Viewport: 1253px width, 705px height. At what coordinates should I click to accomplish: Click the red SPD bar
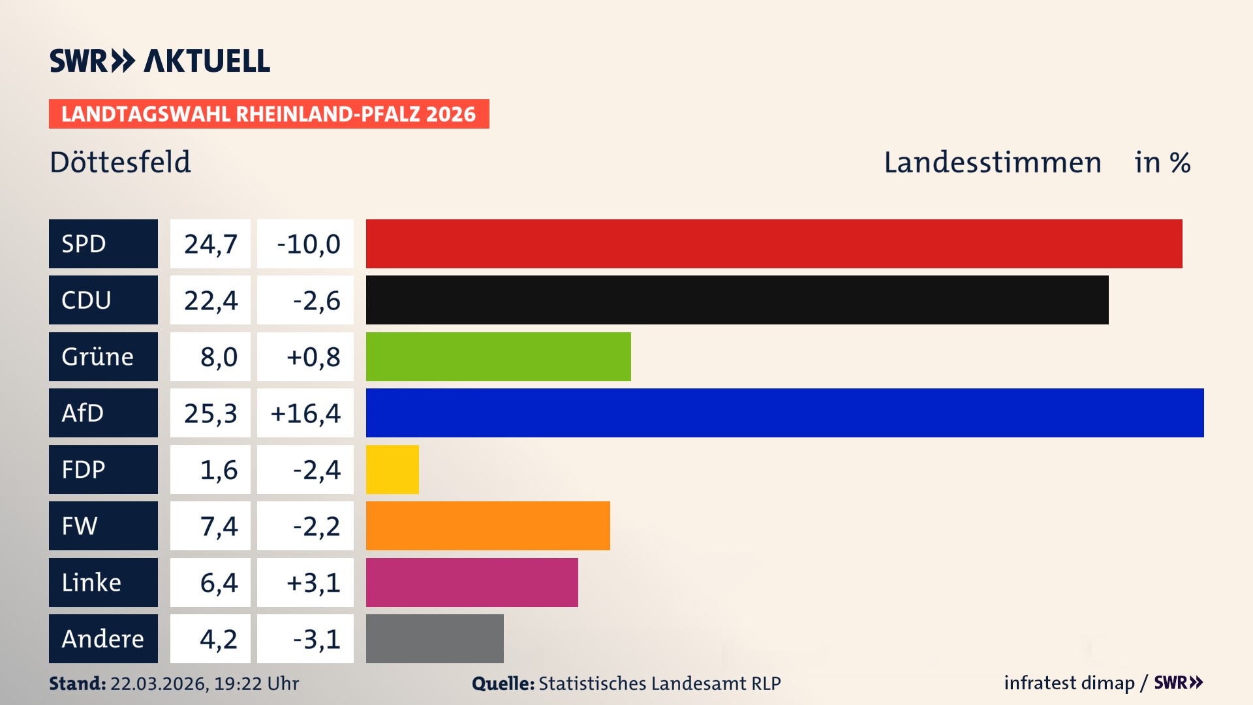pos(773,243)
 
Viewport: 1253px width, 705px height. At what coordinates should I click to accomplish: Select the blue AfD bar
pos(784,413)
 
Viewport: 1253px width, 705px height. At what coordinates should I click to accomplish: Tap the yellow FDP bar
pos(392,469)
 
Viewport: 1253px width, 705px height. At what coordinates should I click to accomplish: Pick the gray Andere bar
pos(435,638)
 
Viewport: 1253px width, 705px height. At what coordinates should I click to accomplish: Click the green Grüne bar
pos(498,356)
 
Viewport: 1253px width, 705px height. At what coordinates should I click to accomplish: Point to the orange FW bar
pos(487,525)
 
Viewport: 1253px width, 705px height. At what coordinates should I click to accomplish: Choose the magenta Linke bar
pos(472,582)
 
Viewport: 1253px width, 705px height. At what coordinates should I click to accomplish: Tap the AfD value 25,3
pos(210,413)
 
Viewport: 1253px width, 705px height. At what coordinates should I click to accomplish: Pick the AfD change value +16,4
pos(305,413)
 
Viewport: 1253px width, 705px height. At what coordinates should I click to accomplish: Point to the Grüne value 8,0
pos(218,357)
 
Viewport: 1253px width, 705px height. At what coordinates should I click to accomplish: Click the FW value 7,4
pos(218,526)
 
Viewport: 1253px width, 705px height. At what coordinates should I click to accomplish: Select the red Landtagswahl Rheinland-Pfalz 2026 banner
pos(269,114)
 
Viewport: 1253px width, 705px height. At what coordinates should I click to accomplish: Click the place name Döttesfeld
pos(120,162)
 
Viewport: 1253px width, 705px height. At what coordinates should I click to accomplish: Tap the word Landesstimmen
pos(992,163)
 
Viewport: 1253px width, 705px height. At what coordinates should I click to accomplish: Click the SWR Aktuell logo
pos(160,61)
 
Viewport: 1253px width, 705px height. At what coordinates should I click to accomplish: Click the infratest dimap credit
pos(1068,683)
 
